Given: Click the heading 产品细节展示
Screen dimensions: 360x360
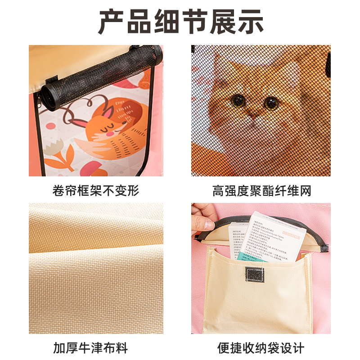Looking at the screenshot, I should [180, 21].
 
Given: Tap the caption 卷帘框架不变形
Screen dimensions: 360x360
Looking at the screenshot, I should [96, 190].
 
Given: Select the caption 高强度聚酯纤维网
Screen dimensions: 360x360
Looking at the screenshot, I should [262, 190].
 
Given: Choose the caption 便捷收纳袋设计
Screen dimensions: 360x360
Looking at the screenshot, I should [261, 348].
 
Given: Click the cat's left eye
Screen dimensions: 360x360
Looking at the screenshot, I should [238, 100].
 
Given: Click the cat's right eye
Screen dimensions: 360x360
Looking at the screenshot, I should [271, 103].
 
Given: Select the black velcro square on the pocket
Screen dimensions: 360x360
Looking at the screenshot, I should [254, 274].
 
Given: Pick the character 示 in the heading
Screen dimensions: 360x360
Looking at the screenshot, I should [248, 21].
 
